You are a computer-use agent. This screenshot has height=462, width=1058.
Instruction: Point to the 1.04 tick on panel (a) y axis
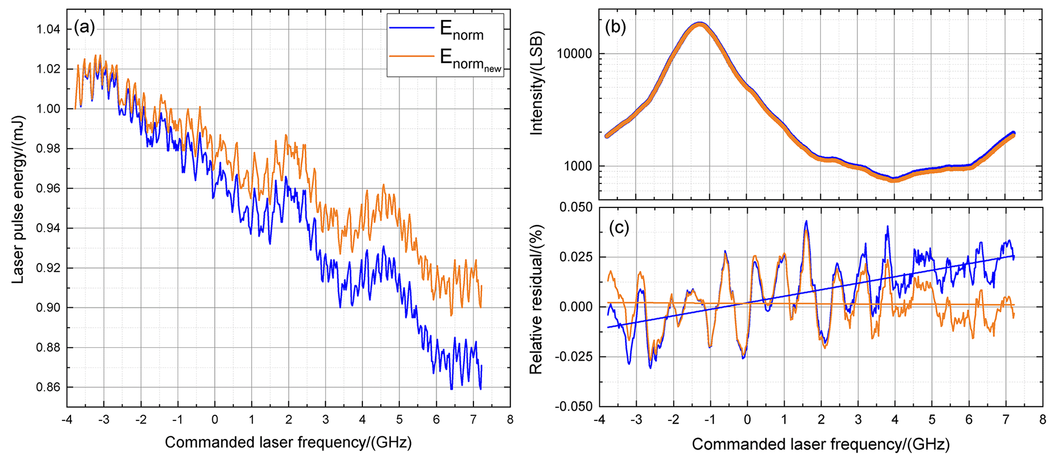coord(48,29)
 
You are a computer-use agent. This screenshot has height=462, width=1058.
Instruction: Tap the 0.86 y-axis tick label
coord(48,388)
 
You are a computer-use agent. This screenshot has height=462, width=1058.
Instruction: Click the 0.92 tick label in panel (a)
coord(48,268)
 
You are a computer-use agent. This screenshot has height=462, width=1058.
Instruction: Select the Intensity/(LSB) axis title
coord(536,83)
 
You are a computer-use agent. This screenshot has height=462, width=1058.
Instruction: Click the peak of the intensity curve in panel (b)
coord(700,24)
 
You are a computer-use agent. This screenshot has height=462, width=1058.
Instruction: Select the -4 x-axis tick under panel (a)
coord(67,420)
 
